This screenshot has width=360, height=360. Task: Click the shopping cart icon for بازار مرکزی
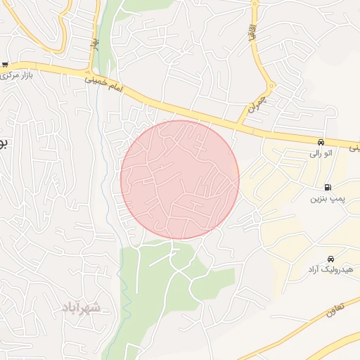tap(5, 64)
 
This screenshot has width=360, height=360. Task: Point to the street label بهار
tap(93, 44)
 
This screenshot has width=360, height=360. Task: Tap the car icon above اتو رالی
tap(321, 141)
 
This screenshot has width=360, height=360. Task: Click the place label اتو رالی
tap(323, 152)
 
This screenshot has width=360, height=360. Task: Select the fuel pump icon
tap(328, 187)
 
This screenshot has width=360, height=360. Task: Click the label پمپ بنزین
tap(325, 199)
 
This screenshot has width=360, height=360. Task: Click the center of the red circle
tap(180, 180)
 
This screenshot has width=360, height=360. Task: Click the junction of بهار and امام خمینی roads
tap(88, 72)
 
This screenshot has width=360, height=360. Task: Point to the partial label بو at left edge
tap(3, 143)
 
